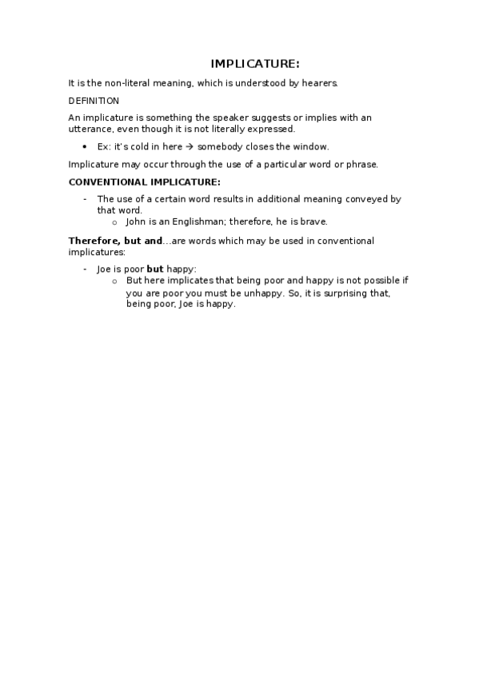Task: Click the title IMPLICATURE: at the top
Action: click(x=255, y=64)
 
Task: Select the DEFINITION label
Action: click(x=94, y=101)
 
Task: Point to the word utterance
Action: click(x=90, y=129)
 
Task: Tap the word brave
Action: click(x=313, y=221)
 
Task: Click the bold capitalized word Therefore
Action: click(x=94, y=241)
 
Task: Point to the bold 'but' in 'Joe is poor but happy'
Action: click(x=154, y=269)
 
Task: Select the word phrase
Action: click(x=360, y=164)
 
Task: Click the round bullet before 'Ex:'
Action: click(x=85, y=147)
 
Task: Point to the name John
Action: click(x=137, y=221)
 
